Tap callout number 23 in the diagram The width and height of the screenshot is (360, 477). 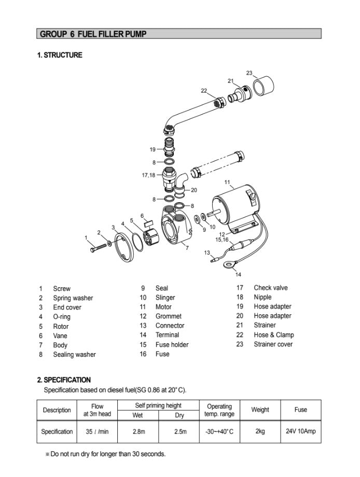pyautogui.click(x=249, y=73)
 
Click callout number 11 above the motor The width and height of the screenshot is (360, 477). pyautogui.click(x=227, y=182)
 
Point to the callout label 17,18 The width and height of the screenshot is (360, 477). pyautogui.click(x=148, y=175)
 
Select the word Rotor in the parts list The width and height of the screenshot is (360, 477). pyautogui.click(x=61, y=326)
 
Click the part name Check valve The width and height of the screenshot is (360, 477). pyautogui.click(x=270, y=288)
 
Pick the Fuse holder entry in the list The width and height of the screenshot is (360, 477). pyautogui.click(x=172, y=345)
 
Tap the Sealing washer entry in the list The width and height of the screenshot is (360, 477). pyautogui.click(x=74, y=355)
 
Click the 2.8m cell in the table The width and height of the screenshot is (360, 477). pyautogui.click(x=139, y=431)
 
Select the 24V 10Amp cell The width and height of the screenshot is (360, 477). pyautogui.click(x=300, y=431)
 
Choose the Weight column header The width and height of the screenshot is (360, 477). pyautogui.click(x=260, y=410)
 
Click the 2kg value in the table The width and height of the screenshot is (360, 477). pyautogui.click(x=260, y=431)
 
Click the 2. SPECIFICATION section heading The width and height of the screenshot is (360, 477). pyautogui.click(x=64, y=380)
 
